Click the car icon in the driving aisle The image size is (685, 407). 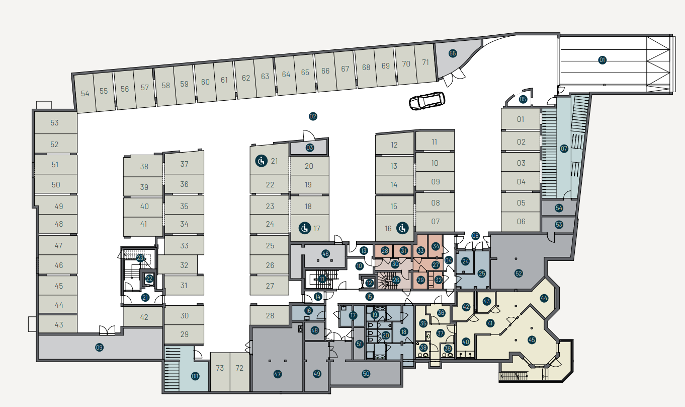click(x=427, y=101)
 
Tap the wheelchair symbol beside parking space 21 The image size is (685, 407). click(x=262, y=161)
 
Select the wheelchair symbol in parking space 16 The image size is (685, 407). click(x=402, y=228)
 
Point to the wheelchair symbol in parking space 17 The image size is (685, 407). click(x=305, y=228)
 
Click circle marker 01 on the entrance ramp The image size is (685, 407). click(x=602, y=60)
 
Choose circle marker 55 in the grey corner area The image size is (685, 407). click(x=453, y=53)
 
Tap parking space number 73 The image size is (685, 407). click(x=220, y=368)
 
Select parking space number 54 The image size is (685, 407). click(x=85, y=93)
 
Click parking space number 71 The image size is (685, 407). click(x=425, y=62)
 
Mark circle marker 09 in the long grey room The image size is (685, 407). click(x=99, y=347)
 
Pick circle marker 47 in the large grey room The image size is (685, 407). click(x=277, y=374)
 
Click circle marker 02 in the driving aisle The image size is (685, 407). click(x=313, y=116)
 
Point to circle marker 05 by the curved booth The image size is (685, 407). click(x=523, y=99)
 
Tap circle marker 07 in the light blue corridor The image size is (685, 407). click(x=564, y=149)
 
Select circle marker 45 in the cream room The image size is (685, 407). click(x=532, y=340)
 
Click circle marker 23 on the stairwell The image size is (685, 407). click(x=140, y=258)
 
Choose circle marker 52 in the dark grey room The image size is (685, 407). click(x=519, y=273)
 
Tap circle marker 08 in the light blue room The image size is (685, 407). click(x=195, y=376)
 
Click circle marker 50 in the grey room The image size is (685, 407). click(x=366, y=374)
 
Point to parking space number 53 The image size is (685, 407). click(x=54, y=123)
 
